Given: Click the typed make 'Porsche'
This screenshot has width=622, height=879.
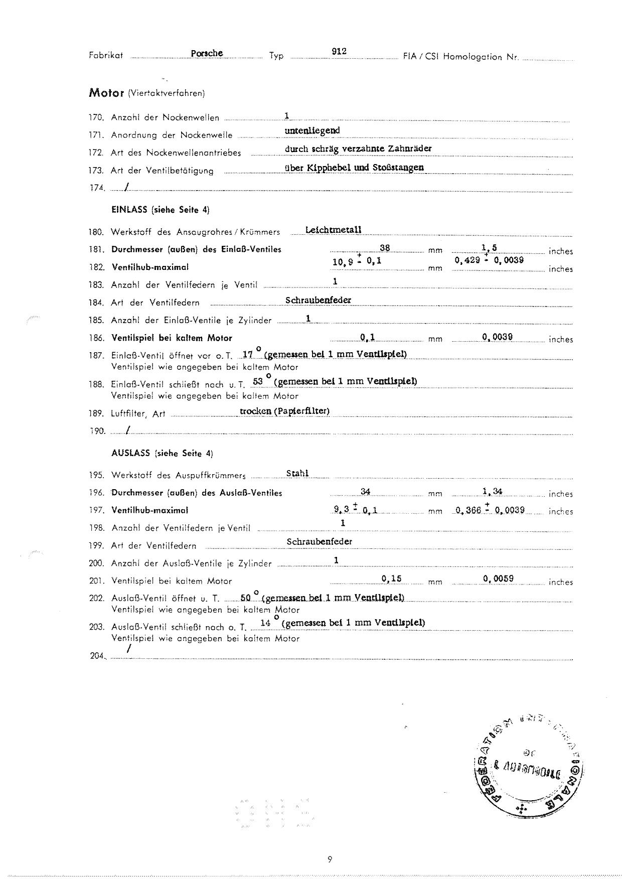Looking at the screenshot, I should click(207, 53).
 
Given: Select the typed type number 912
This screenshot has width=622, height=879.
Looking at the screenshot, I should click(339, 51).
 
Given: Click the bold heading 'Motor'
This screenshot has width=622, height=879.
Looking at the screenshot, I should click(106, 93).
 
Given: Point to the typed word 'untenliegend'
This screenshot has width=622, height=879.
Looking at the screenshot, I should click(312, 130).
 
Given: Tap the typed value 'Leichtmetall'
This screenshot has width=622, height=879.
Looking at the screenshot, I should click(333, 230).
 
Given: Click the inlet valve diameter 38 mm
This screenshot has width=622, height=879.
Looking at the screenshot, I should click(385, 247).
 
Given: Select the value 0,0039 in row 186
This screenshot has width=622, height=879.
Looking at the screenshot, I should click(497, 337).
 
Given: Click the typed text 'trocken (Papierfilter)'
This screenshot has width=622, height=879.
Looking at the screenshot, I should click(284, 411).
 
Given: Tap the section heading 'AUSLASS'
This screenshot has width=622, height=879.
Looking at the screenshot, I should click(130, 453).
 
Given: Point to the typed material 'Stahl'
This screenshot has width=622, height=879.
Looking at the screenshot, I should click(297, 473).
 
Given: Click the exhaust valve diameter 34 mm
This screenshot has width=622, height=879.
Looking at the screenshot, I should click(365, 492).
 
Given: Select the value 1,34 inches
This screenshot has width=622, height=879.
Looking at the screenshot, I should click(492, 492).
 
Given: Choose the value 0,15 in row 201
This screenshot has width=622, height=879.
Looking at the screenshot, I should click(391, 578).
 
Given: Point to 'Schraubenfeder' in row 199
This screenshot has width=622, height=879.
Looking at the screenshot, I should click(319, 541).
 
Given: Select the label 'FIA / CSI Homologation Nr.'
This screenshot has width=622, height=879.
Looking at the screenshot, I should click(460, 57).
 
